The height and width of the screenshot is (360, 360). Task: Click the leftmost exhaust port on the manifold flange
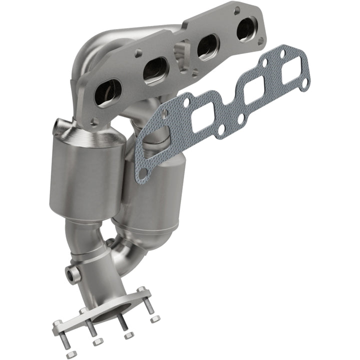click(108, 92)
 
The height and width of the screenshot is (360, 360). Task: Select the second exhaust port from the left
click(155, 70)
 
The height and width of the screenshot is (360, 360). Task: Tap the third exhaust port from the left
click(206, 48)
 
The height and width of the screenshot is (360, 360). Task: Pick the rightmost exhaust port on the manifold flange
click(246, 28)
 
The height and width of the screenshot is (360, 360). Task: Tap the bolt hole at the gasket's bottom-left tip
click(142, 173)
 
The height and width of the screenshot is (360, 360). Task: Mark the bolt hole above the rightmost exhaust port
click(236, 9)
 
